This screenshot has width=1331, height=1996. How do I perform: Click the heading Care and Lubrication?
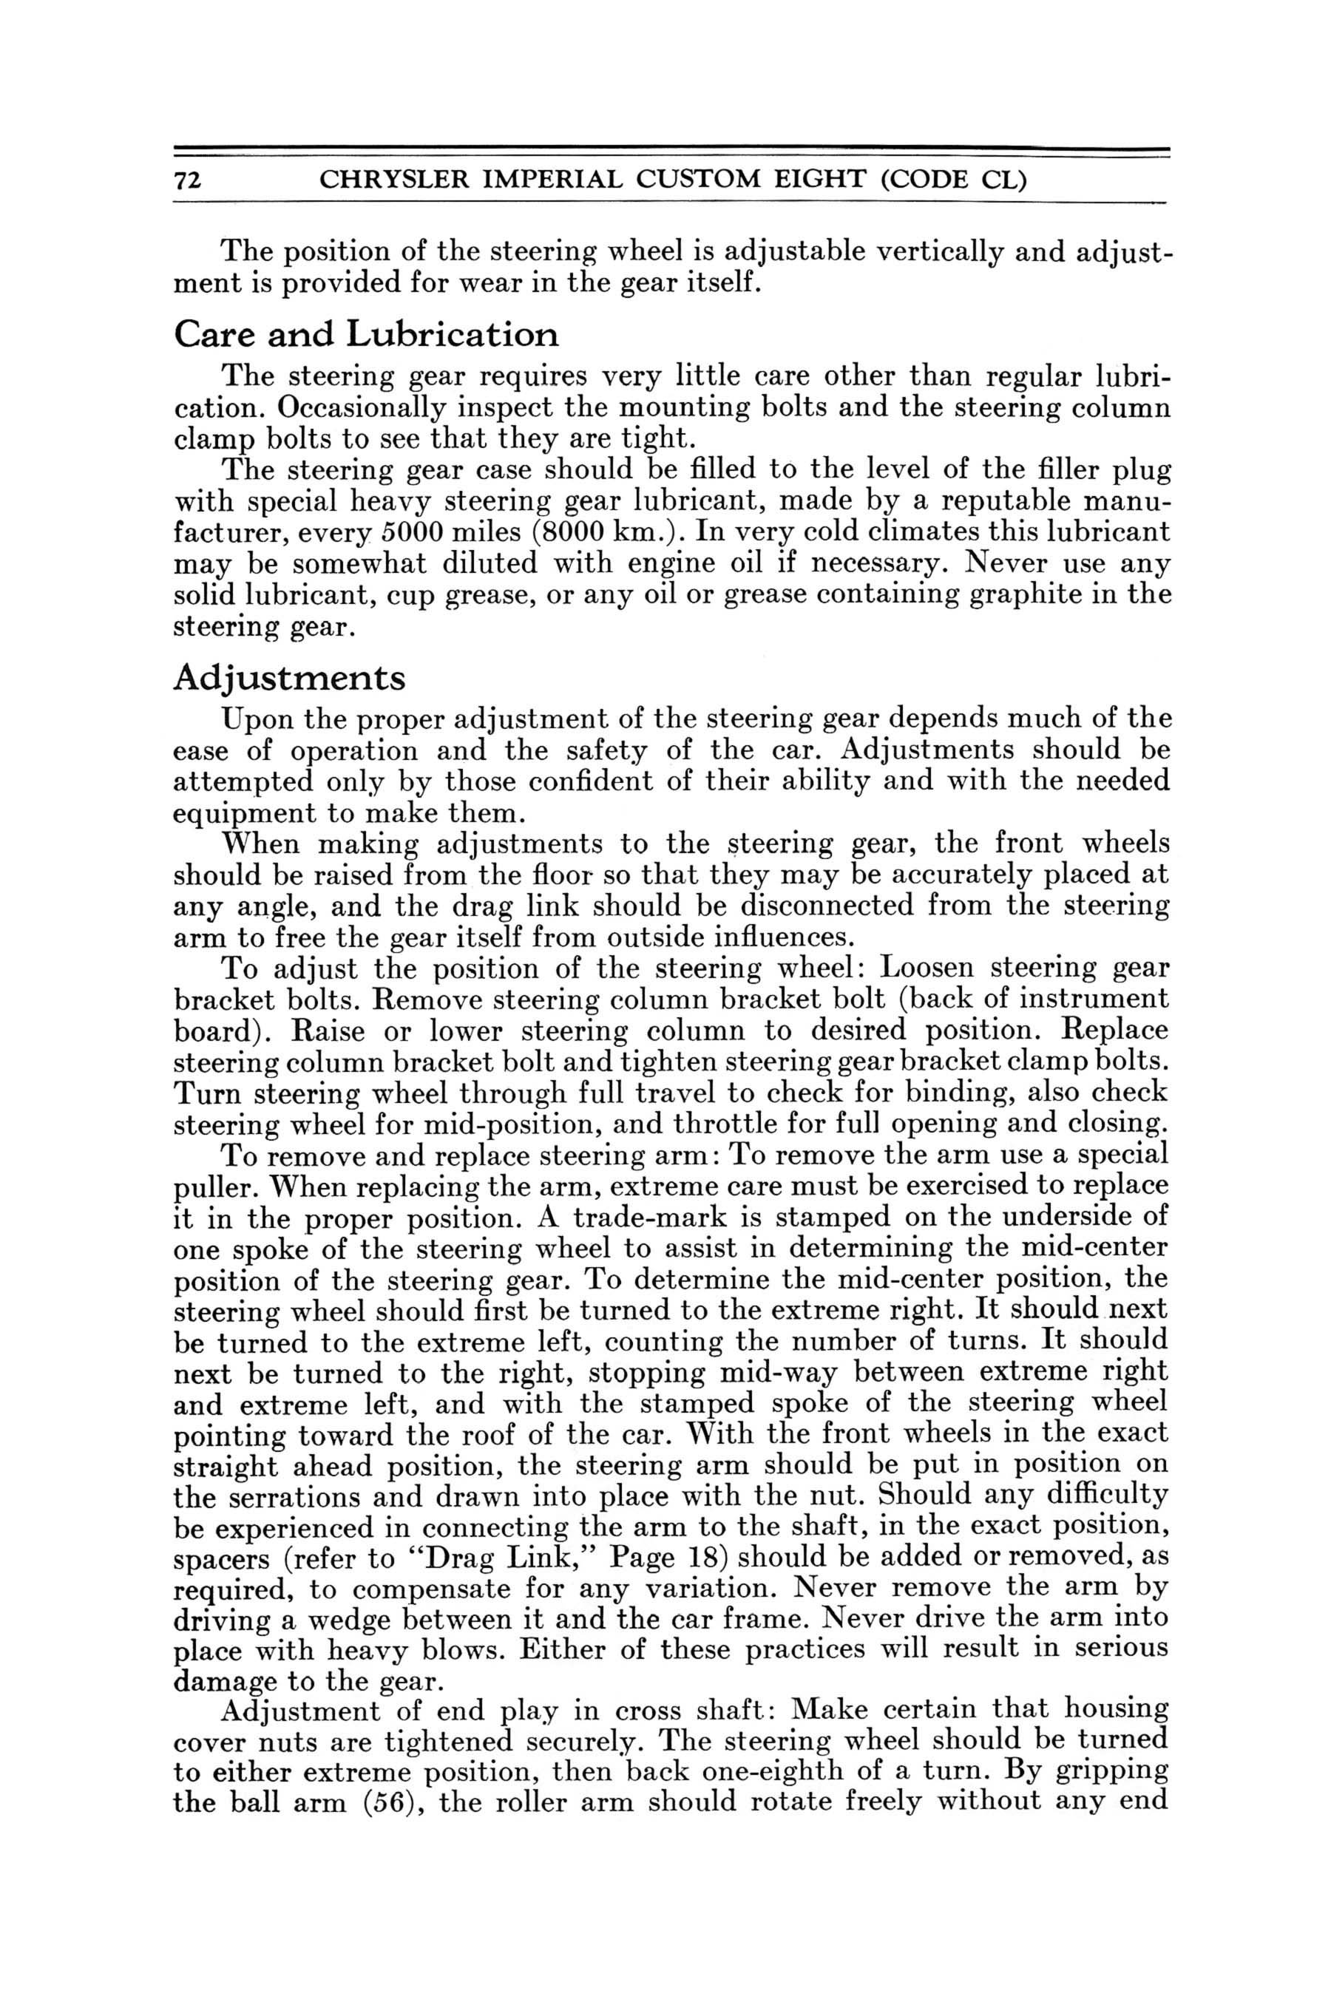tap(366, 334)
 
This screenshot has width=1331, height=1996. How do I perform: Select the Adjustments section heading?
tap(288, 678)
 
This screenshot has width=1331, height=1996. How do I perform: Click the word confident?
tap(585, 781)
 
